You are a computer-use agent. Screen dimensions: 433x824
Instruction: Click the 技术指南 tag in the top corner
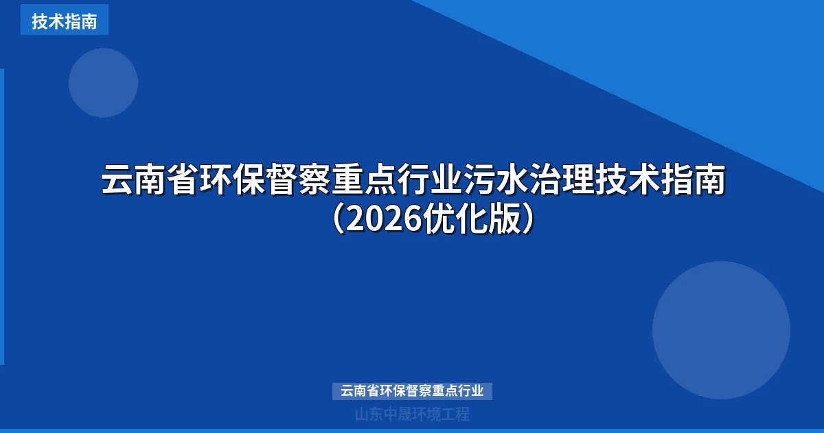click(64, 21)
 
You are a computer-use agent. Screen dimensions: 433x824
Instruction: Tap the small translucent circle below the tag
click(103, 82)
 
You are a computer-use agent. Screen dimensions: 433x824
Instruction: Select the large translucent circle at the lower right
click(721, 330)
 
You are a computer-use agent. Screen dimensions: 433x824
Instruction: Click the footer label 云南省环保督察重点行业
click(412, 391)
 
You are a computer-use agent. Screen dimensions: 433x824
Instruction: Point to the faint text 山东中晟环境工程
click(412, 414)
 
